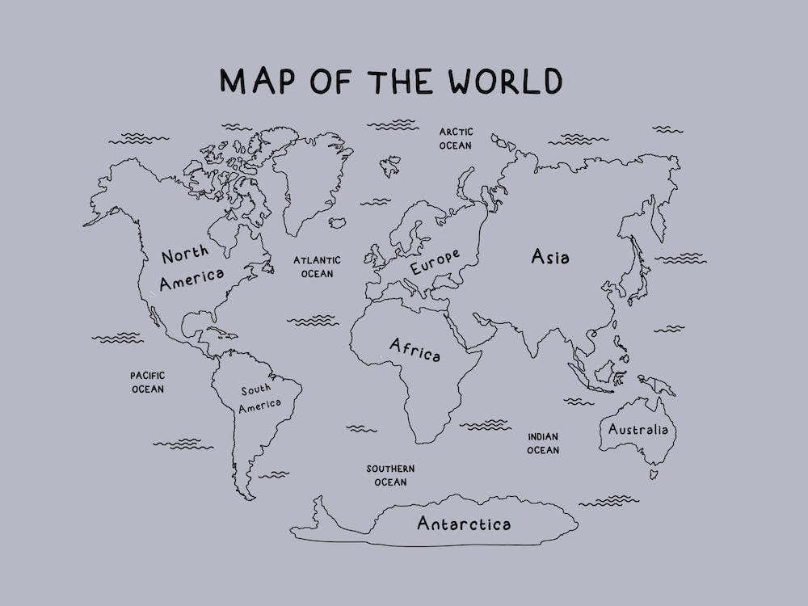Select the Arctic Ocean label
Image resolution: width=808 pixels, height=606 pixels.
pos(456,138)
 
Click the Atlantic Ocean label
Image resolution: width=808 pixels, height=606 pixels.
pos(317,267)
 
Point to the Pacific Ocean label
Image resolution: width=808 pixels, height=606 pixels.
pos(148,382)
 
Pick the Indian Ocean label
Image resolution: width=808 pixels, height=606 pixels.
pos(543,443)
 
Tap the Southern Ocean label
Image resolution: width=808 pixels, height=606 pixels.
pos(390,475)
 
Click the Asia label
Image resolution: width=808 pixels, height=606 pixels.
pos(550,257)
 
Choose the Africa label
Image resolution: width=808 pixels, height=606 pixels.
pos(415,350)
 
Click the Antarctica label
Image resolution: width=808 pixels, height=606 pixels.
pos(464,524)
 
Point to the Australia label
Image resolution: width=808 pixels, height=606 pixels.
pos(638,429)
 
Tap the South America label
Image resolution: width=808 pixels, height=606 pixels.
pos(260,398)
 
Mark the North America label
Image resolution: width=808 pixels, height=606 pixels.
pos(191,268)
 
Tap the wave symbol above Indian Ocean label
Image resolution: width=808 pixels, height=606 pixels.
pos(486,424)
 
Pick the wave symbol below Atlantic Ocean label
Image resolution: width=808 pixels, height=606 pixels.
pos(313,321)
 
